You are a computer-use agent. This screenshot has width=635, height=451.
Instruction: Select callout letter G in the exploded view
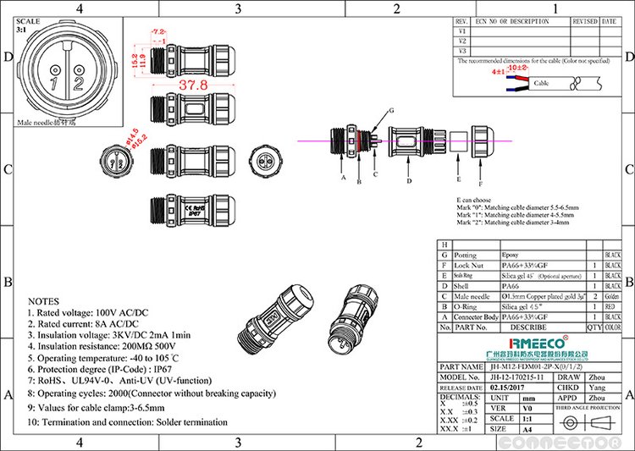coord(390,112)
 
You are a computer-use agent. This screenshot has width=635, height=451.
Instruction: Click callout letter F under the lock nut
coord(480,183)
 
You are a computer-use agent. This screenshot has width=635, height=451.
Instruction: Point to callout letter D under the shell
coord(409,181)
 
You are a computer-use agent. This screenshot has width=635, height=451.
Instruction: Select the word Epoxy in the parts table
coord(511,255)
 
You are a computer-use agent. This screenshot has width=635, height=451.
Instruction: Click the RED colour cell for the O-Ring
coord(612,307)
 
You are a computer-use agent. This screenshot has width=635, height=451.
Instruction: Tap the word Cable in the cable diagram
coord(541,84)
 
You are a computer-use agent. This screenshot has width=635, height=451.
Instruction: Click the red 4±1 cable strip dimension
coord(499,73)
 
